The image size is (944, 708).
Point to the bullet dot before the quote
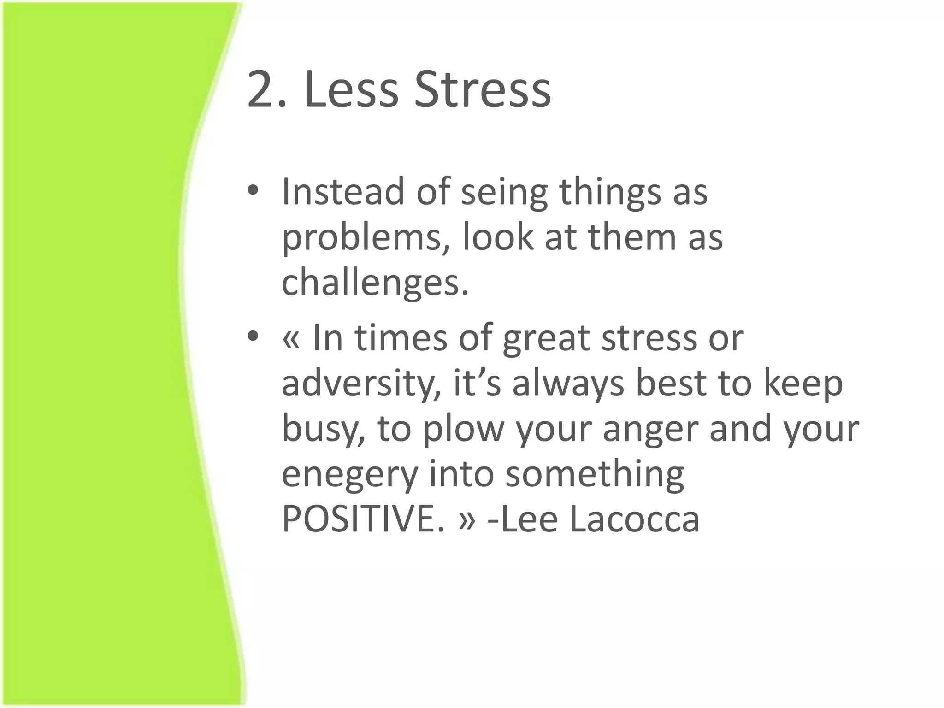254,337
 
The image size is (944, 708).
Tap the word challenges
375,283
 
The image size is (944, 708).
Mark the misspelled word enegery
349,475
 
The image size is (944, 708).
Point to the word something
595,475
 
